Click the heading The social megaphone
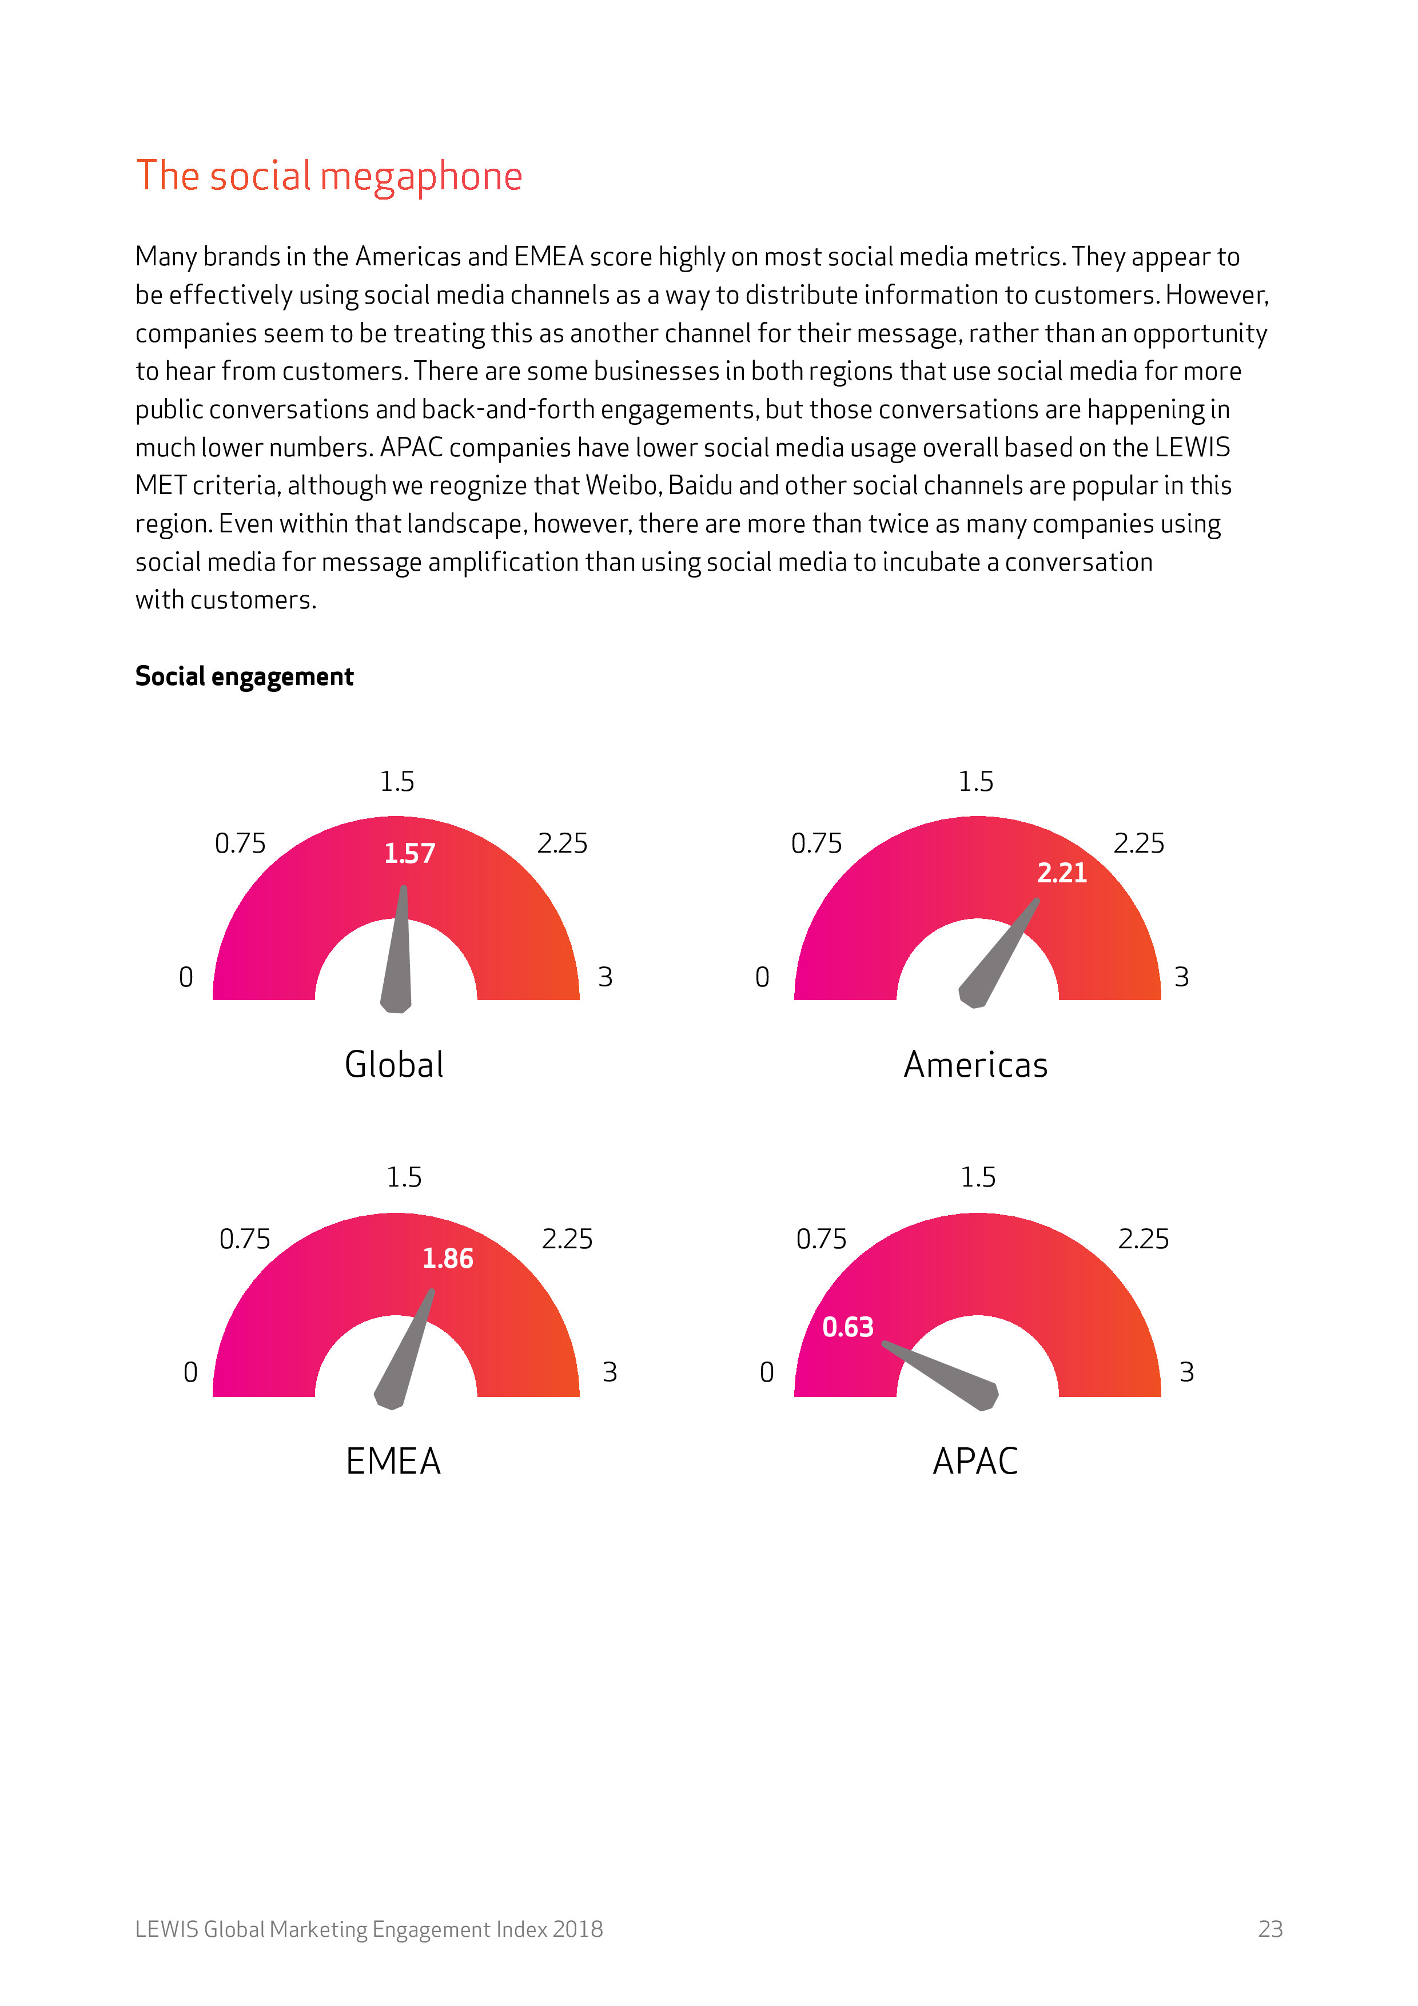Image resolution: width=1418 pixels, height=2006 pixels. (329, 177)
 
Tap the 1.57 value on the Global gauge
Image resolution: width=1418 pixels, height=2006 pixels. (410, 854)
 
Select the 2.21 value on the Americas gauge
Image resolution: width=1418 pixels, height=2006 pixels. (1062, 873)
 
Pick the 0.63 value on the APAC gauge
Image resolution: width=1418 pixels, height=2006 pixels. (847, 1327)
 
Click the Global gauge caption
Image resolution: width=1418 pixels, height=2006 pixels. (394, 1065)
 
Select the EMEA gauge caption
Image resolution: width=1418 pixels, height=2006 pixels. (393, 1461)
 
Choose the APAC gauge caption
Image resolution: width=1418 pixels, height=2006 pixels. (975, 1461)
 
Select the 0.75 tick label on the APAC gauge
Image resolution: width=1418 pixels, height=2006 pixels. (820, 1239)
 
